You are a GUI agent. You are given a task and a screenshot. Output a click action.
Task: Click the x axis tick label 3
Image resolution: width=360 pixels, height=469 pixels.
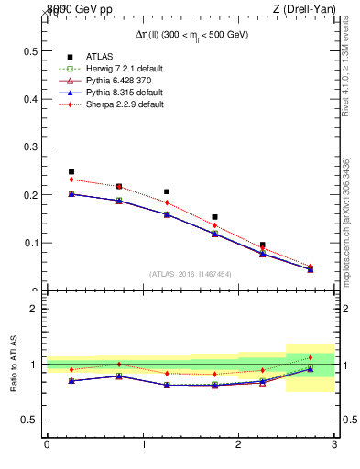(x=334, y=444)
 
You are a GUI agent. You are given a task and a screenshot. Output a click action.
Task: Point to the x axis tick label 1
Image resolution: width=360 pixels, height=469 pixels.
(x=143, y=444)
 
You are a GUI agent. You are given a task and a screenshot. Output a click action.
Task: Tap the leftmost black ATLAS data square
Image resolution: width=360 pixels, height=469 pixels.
(x=71, y=171)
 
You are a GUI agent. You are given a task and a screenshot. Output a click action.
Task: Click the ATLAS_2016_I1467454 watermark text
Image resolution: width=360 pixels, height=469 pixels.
(x=191, y=274)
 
